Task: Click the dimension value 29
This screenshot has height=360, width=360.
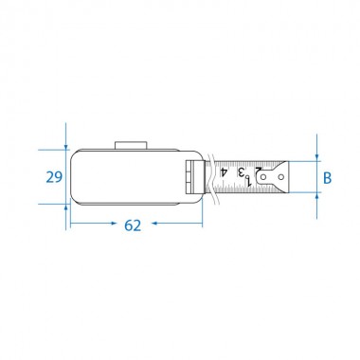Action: pos(54,177)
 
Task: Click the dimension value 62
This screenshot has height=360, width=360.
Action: pos(133,225)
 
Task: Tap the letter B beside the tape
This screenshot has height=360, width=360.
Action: pos(328,178)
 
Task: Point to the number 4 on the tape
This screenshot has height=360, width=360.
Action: pos(224,172)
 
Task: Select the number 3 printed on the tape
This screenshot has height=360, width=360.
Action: pos(242,172)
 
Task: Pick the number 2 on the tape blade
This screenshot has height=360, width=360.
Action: pos(259,171)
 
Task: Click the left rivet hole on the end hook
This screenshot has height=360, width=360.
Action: pos(263,177)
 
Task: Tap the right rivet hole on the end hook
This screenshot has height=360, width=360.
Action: pos(281,177)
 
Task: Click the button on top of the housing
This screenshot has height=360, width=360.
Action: pos(131,145)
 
